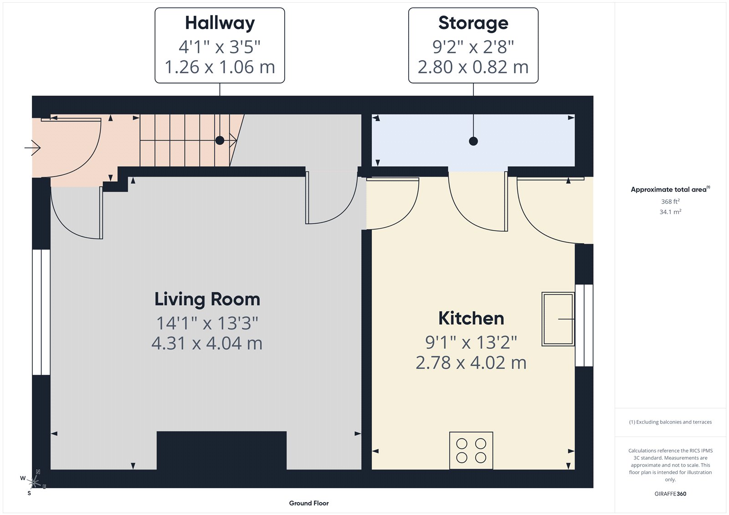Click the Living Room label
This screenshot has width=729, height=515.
(207, 300)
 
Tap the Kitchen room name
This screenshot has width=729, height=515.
(471, 318)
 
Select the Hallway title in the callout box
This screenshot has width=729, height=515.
(220, 23)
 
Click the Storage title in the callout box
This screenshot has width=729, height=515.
(473, 23)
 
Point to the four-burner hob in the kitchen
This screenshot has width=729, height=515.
(471, 450)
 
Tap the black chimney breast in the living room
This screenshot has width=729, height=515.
(221, 450)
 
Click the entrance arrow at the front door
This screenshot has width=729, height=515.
(32, 148)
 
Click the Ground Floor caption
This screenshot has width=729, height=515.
(308, 503)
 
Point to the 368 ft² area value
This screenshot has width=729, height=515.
(670, 201)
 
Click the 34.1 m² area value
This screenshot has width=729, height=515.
(670, 212)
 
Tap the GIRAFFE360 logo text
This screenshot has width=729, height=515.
(670, 494)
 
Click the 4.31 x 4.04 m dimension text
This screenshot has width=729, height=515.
(207, 343)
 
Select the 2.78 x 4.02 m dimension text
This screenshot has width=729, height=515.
(471, 363)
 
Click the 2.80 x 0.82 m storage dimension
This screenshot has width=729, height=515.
(473, 67)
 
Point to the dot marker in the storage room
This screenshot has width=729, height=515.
(473, 141)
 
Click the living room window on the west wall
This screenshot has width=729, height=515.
(41, 312)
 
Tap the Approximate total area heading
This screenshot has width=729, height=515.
(669, 189)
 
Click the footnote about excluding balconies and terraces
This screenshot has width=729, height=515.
(670, 422)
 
